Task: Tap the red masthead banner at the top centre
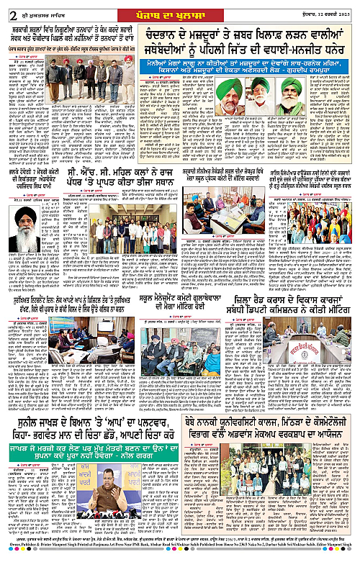pyautogui.click(x=179, y=8)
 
